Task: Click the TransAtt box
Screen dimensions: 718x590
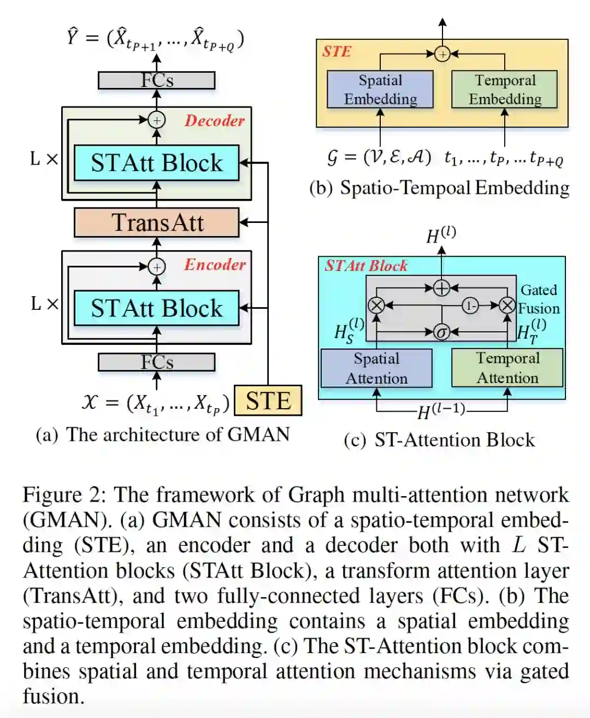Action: coord(157,222)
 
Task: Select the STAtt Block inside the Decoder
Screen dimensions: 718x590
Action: coord(157,163)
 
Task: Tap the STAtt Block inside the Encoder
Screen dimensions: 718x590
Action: coord(157,308)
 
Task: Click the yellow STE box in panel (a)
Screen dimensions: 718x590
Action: coord(268,401)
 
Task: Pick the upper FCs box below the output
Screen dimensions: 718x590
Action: coord(157,80)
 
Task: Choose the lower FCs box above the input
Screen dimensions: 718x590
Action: coord(157,362)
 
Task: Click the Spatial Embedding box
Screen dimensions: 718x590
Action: coord(380,90)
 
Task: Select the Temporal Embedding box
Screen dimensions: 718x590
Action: coord(505,90)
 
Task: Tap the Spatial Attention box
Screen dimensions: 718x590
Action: coord(376,368)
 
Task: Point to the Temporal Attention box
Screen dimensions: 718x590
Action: coord(508,368)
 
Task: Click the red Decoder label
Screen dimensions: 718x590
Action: coord(215,121)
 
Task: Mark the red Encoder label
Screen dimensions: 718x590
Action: coord(215,265)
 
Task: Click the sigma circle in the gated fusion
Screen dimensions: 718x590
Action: coord(441,332)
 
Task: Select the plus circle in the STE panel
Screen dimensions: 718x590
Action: coord(442,54)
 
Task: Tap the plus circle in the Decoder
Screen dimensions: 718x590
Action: coord(157,120)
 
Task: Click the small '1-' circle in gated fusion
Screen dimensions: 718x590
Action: coord(470,305)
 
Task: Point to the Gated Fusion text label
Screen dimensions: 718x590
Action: coord(539,299)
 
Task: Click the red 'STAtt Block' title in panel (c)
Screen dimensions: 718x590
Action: coord(366,266)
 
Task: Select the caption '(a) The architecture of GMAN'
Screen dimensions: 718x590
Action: coord(163,434)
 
